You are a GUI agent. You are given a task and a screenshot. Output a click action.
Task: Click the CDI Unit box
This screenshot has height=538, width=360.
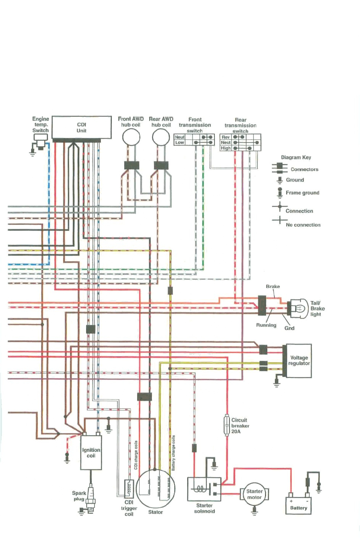[x=81, y=127]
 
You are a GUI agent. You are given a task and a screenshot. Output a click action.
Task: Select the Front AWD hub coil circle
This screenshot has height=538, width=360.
[x=131, y=137]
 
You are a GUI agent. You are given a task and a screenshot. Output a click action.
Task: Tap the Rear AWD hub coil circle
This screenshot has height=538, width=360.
[x=161, y=137]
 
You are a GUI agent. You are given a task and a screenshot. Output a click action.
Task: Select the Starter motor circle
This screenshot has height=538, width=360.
[x=254, y=494]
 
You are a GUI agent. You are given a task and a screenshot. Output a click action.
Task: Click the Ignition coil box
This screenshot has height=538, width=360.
[x=91, y=453]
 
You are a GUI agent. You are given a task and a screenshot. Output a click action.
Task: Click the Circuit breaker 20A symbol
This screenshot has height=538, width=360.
[x=227, y=425]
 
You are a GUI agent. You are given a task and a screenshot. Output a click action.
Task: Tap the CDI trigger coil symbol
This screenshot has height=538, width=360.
[x=129, y=488]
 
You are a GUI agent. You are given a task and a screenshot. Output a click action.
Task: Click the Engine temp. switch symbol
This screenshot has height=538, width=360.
[x=40, y=140]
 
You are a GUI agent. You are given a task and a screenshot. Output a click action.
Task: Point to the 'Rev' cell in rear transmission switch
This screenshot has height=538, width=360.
[x=226, y=137]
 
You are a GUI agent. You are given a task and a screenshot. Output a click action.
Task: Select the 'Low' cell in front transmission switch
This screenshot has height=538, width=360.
[x=179, y=142]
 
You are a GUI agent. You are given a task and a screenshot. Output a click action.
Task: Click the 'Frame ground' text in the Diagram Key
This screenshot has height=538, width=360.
[x=302, y=193]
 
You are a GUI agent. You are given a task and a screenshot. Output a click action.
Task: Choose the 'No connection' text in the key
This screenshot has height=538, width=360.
[x=303, y=225]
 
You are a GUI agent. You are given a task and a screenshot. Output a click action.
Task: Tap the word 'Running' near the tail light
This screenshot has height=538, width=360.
[x=266, y=325]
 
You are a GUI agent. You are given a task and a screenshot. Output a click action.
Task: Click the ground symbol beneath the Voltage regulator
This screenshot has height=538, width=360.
[x=277, y=383]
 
